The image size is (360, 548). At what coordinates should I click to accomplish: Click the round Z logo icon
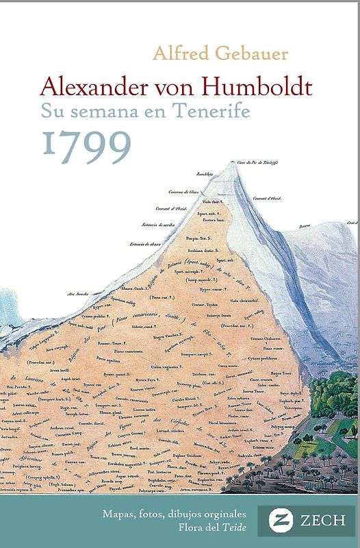point(272,521)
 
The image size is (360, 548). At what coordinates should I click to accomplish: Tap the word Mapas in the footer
point(120,513)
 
